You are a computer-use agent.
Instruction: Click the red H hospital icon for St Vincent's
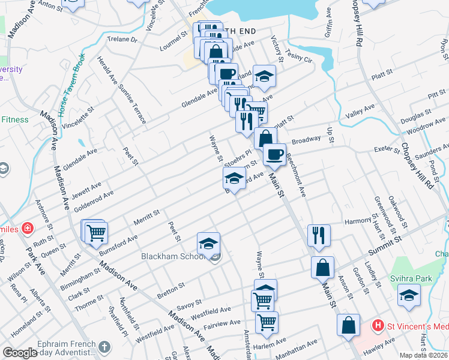(378, 326)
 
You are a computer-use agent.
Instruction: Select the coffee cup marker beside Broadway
(275, 154)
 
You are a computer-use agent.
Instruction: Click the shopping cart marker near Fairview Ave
(267, 321)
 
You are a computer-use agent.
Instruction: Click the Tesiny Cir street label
(300, 56)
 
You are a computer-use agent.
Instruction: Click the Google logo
(20, 353)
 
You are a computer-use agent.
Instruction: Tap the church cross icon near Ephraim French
(104, 347)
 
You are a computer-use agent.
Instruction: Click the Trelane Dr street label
(122, 40)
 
